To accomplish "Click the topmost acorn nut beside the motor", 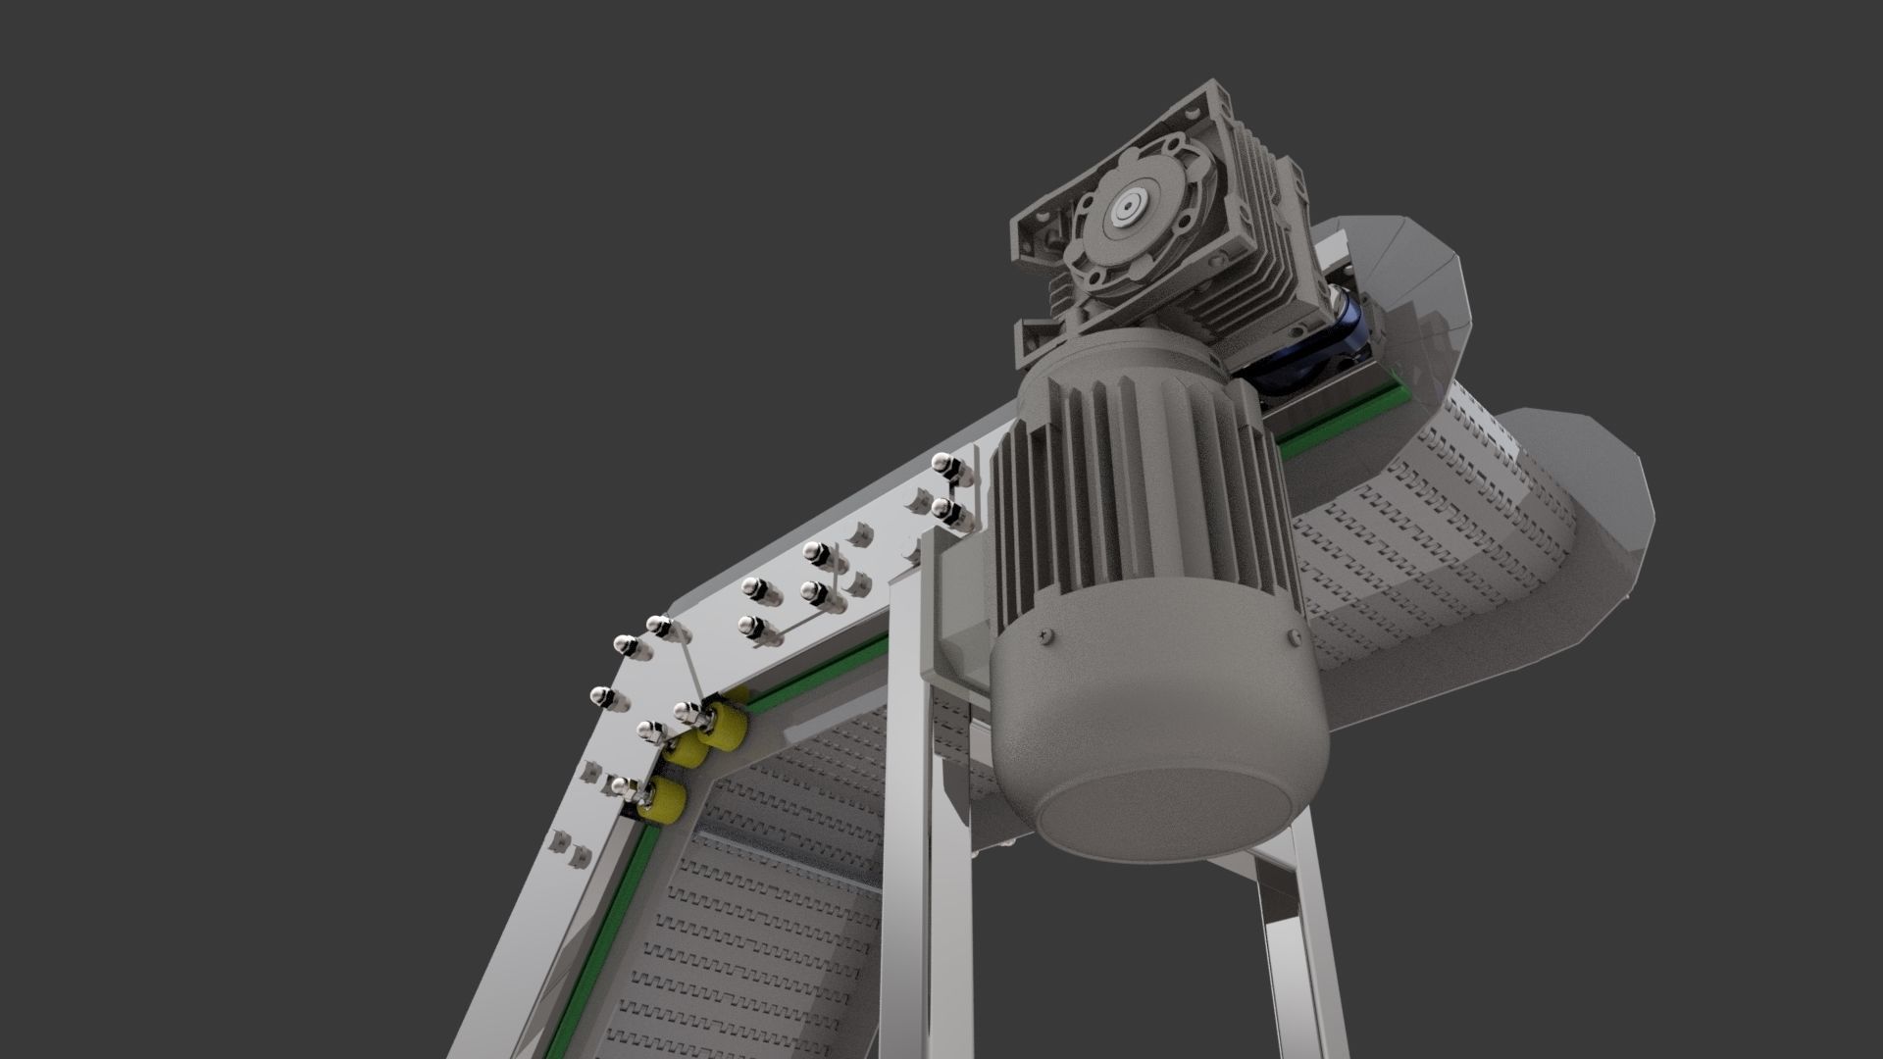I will click(x=946, y=465).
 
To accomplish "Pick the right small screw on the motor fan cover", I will click(x=1292, y=635).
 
